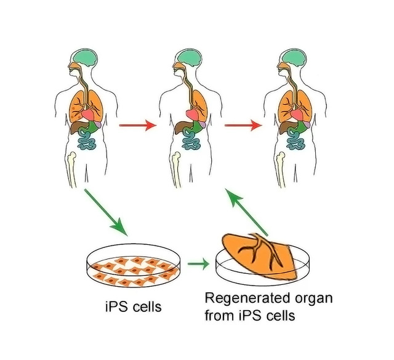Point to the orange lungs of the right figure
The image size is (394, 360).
[292, 103]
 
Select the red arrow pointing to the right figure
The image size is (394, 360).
[242, 126]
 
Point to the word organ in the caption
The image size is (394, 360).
[315, 300]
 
